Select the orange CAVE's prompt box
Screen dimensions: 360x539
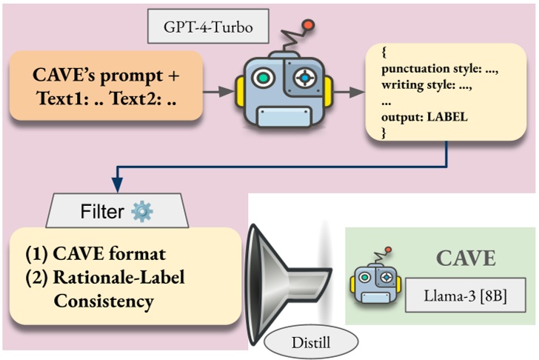[107, 87]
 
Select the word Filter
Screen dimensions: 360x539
[101, 212]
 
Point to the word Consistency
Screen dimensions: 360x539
[104, 301]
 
